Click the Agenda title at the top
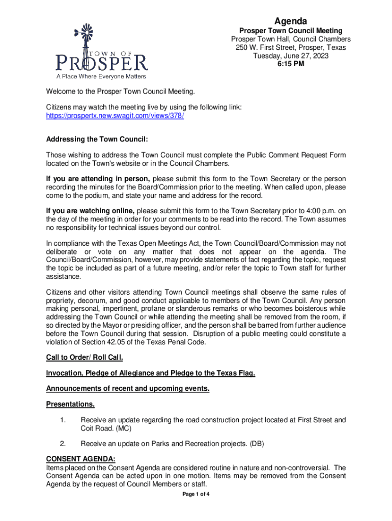point(290,21)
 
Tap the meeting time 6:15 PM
point(291,64)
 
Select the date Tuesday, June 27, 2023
point(291,56)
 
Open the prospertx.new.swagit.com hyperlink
point(115,115)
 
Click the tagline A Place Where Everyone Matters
point(101,76)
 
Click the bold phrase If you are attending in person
point(98,179)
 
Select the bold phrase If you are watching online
point(90,211)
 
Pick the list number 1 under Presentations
point(63,420)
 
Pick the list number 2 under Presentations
point(63,443)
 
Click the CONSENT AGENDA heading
point(81,458)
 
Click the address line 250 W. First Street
point(291,47)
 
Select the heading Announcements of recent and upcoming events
point(128,389)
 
